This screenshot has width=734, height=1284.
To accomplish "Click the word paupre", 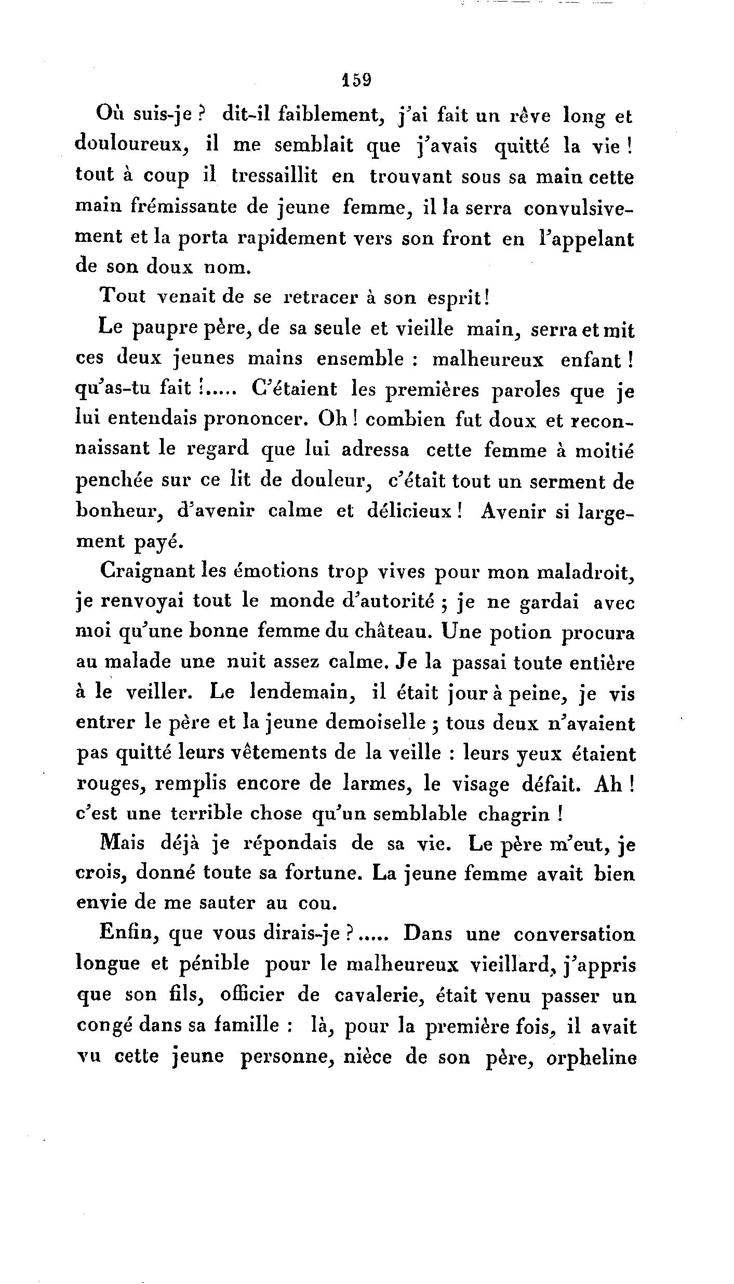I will (159, 329).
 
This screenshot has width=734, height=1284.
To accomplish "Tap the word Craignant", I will (151, 571).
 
